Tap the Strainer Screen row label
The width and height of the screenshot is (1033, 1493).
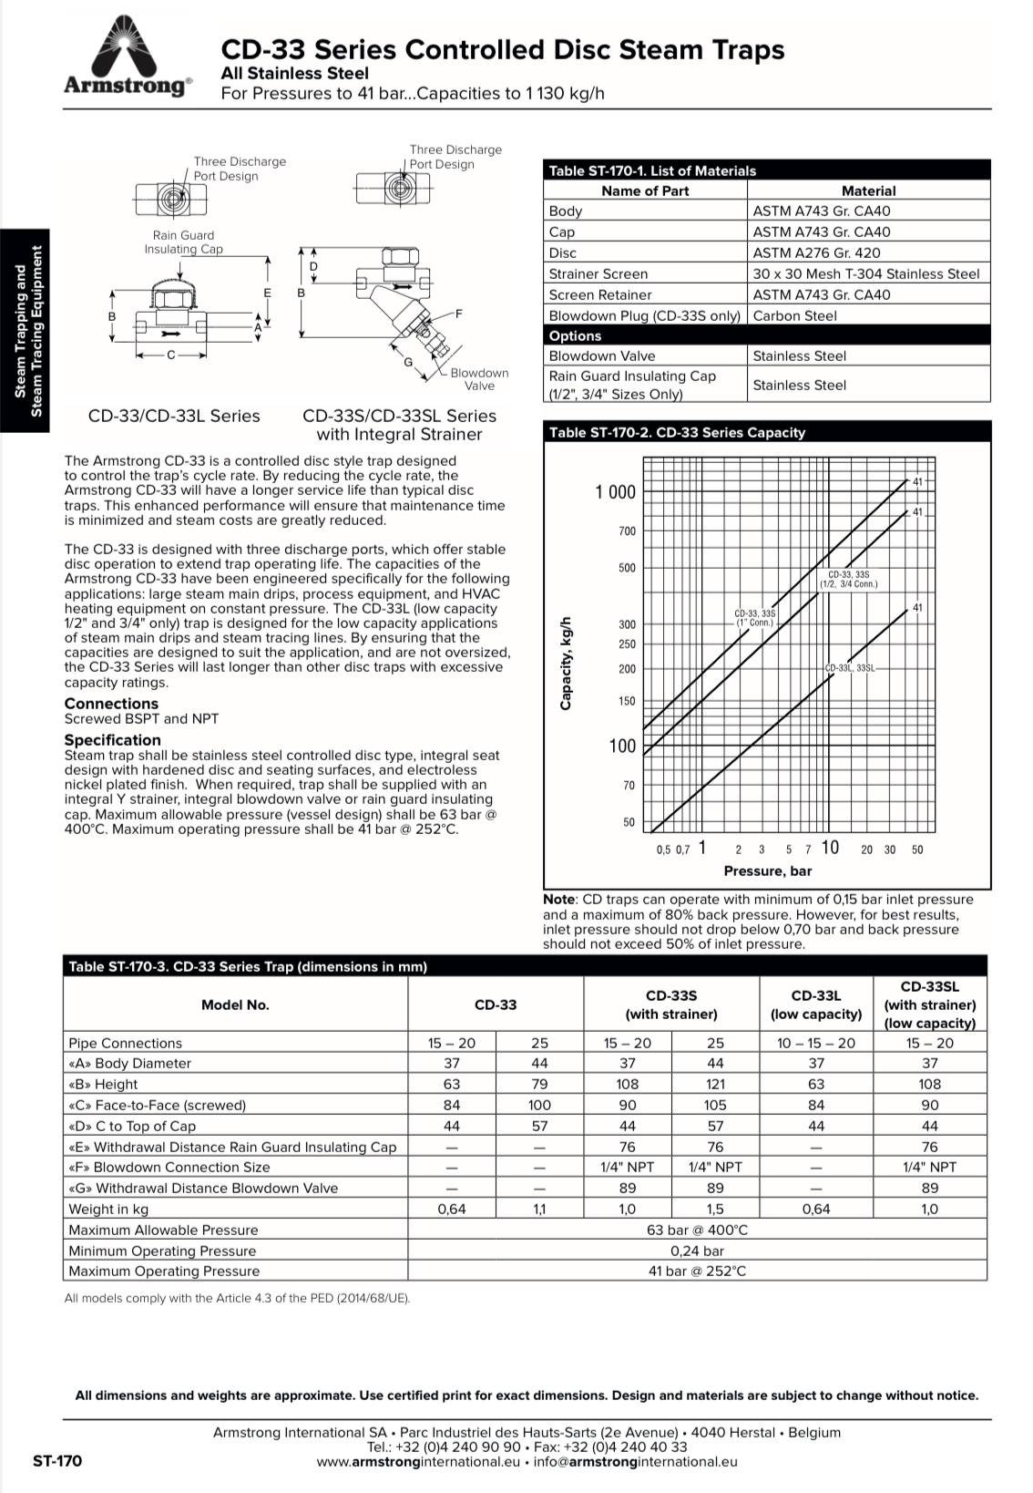(598, 274)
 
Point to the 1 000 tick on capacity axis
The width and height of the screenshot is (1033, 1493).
(615, 492)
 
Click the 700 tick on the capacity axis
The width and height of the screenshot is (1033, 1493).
(628, 531)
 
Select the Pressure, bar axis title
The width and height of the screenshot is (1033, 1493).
(767, 871)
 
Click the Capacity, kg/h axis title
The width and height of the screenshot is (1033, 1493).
(567, 662)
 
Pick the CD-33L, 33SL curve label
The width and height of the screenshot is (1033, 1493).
(850, 668)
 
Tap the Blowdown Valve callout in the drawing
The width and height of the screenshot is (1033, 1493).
(479, 379)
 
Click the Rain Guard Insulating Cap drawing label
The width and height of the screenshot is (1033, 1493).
(183, 242)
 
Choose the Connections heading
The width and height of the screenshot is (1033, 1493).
(111, 704)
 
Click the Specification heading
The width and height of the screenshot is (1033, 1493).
(112, 740)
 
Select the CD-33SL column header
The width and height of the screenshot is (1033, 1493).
(929, 1004)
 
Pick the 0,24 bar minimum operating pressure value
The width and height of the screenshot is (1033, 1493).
(697, 1251)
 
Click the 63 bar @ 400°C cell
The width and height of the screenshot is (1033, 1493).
(697, 1230)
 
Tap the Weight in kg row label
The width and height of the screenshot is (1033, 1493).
(108, 1210)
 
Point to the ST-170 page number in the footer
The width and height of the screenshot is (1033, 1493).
(56, 1461)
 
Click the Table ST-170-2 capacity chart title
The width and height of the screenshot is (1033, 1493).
(677, 433)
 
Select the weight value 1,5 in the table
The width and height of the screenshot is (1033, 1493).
(715, 1210)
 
